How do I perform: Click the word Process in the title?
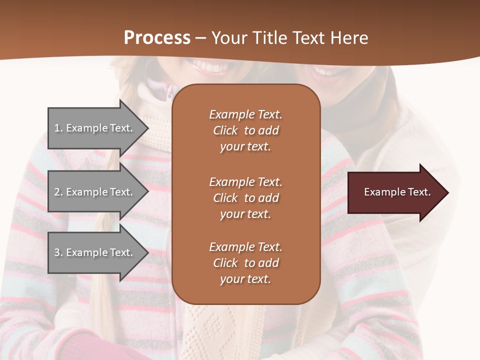coord(157,37)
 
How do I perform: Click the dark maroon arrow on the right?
coord(395,192)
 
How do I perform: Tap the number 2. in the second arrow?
coord(58,192)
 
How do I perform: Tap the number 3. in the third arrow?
coord(58,252)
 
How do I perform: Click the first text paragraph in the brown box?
coord(245,130)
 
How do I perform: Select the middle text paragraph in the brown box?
coord(245,198)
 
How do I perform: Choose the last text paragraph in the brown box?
coord(245,263)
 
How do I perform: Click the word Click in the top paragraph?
coord(225,130)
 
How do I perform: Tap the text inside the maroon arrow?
coord(397,192)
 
